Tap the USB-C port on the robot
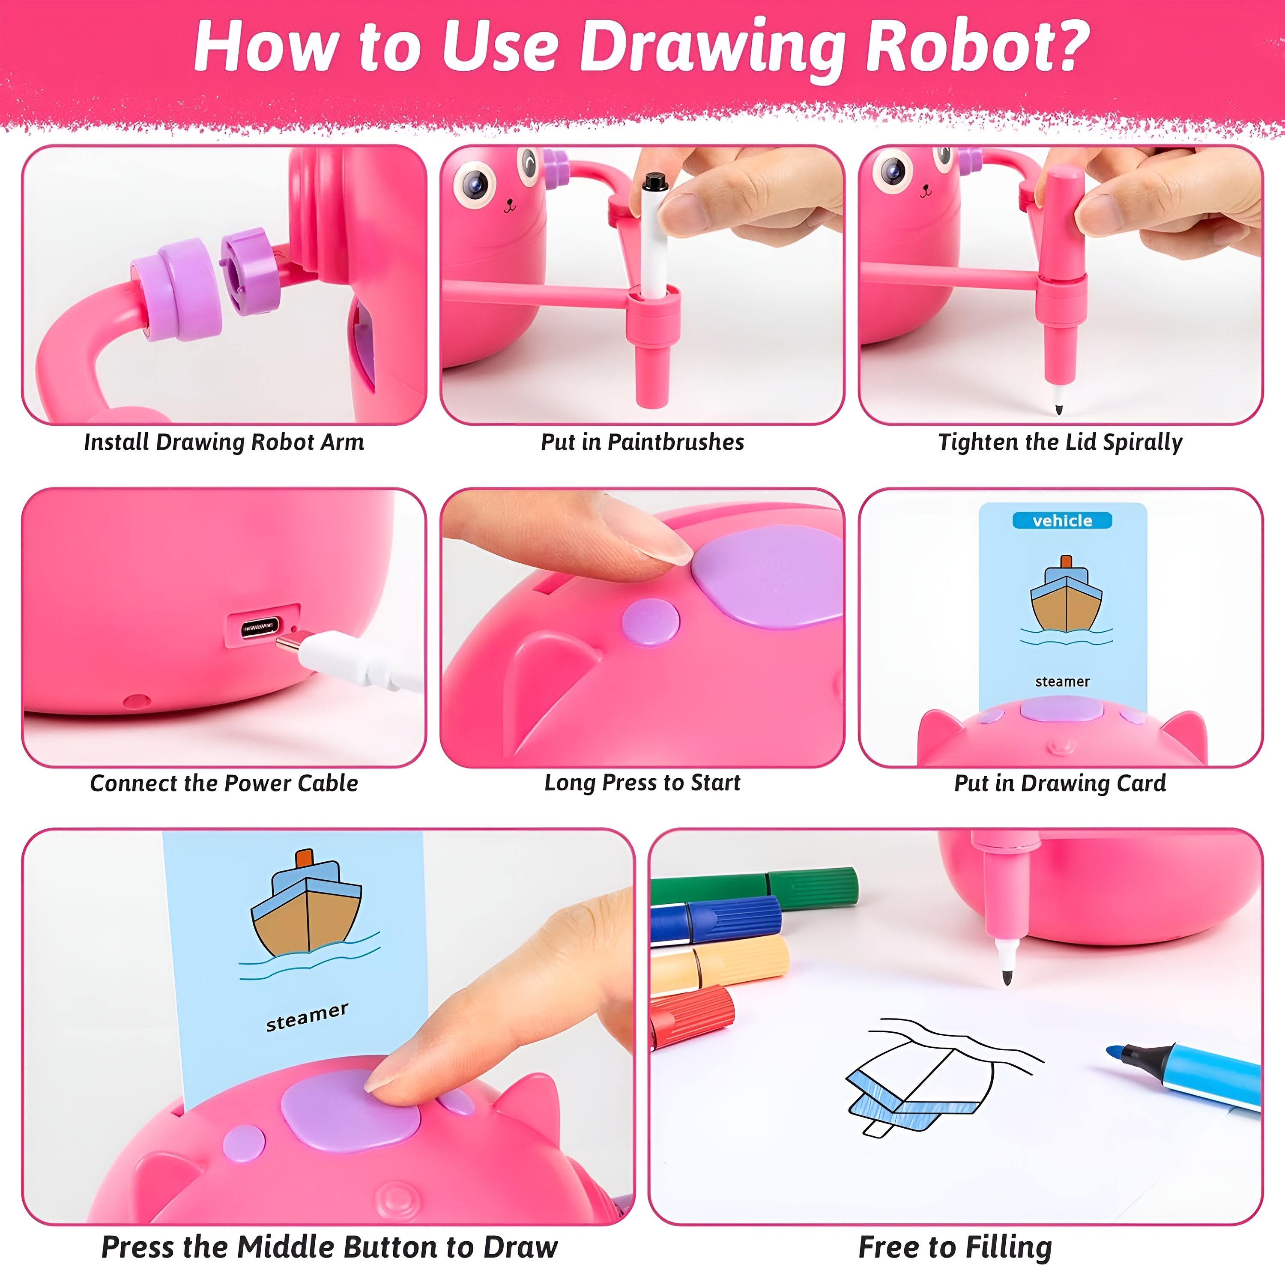pyautogui.click(x=260, y=627)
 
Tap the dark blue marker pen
pyautogui.click(x=716, y=919)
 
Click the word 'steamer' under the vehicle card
pyautogui.click(x=1062, y=681)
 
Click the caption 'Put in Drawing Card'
pyautogui.click(x=1060, y=783)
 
